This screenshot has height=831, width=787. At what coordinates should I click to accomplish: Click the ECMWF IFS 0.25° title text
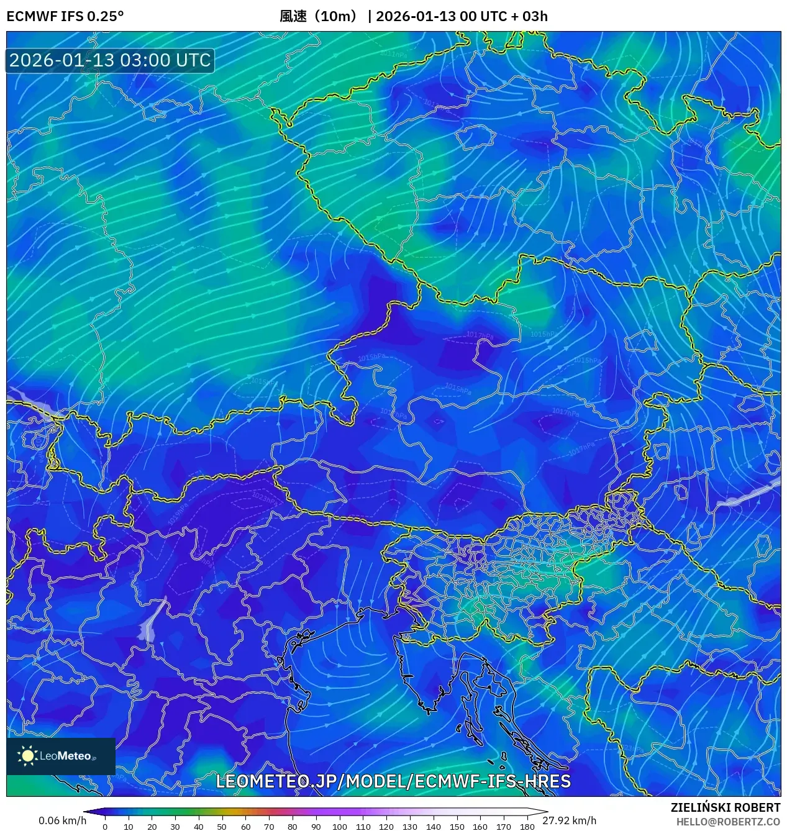[x=65, y=16]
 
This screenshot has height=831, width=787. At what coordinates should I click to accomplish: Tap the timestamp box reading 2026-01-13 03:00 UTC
[x=110, y=60]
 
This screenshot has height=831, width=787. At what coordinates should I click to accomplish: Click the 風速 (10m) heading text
[x=319, y=16]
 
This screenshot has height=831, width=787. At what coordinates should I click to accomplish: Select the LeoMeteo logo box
[x=61, y=756]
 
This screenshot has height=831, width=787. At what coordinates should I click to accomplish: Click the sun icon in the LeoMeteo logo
[x=27, y=756]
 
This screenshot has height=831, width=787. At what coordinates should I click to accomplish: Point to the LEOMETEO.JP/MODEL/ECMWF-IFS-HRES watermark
[x=393, y=781]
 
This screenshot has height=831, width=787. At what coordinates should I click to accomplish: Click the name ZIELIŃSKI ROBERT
[x=725, y=807]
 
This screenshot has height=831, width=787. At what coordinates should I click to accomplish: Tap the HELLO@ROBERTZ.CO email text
[x=728, y=822]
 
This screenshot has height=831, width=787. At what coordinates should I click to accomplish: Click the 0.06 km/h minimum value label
[x=62, y=820]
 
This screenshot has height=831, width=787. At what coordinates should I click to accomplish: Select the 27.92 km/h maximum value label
[x=569, y=820]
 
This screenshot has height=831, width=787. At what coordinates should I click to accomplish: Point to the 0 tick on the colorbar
[x=105, y=827]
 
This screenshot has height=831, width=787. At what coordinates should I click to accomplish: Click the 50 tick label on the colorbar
[x=222, y=827]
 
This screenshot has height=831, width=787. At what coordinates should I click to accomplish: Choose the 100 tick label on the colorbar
[x=339, y=827]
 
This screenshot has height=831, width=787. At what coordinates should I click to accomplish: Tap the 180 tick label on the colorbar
[x=527, y=827]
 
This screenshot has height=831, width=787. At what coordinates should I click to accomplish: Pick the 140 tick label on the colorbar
[x=433, y=827]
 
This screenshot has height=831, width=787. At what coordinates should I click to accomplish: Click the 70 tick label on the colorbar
[x=269, y=827]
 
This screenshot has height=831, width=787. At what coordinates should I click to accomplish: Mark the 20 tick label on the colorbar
[x=152, y=827]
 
